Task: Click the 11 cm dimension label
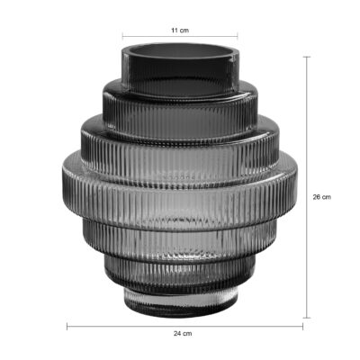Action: point(180,30)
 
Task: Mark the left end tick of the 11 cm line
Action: point(122,38)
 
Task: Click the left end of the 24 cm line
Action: point(67,325)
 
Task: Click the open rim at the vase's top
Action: point(180,50)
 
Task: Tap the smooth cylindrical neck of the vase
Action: point(180,67)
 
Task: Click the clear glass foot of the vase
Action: point(180,303)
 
